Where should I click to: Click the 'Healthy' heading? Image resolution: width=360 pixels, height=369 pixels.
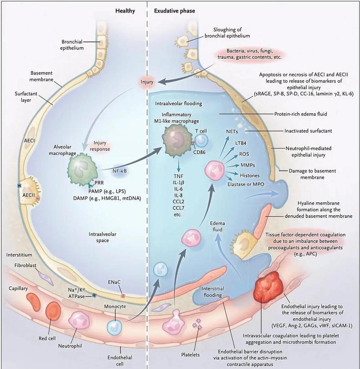pos(125,11)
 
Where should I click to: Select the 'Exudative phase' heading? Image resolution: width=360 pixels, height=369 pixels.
pos(175,11)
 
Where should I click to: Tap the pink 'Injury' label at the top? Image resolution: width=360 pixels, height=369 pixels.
pos(147,82)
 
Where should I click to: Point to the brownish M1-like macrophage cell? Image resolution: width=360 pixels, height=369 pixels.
pos(177,141)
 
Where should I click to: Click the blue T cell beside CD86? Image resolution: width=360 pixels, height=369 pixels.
pos(202,141)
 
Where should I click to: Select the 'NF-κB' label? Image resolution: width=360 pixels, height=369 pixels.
pos(119,171)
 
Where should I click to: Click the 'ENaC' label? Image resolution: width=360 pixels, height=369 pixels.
pos(114,282)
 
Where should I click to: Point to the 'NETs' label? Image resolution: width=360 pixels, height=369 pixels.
pos(232,132)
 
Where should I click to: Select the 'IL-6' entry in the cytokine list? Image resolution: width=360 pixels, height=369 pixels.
pos(178,189)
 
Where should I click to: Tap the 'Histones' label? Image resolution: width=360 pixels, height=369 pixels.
pos(250,176)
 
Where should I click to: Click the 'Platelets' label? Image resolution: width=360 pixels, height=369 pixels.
pos(190,355)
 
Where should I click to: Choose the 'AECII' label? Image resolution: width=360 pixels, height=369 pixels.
pos(28,195)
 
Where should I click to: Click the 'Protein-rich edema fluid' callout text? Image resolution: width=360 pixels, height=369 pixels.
pos(301,114)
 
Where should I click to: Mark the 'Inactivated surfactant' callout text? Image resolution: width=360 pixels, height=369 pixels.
pos(308,131)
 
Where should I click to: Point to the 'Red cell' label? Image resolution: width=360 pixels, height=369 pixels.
pos(47,338)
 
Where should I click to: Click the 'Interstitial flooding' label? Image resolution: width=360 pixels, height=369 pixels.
pos(213,292)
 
